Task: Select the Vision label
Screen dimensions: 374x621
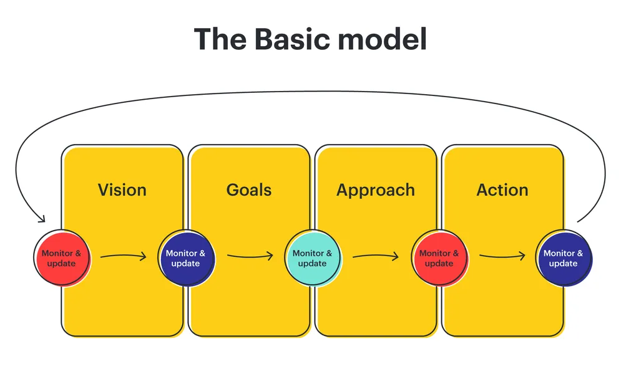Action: (x=122, y=189)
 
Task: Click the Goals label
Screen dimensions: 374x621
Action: (x=249, y=189)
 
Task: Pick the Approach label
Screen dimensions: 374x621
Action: (x=376, y=189)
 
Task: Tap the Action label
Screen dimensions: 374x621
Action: (x=502, y=189)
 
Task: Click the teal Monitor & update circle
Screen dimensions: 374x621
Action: (x=312, y=258)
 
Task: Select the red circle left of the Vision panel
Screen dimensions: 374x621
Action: (x=61, y=258)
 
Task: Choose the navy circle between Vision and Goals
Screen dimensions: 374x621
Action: (x=185, y=258)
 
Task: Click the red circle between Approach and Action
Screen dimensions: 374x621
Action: (x=439, y=258)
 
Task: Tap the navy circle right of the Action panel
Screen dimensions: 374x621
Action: (x=564, y=258)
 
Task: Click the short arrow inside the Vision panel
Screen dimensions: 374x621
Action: (x=123, y=256)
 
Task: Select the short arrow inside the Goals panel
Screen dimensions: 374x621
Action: (x=250, y=256)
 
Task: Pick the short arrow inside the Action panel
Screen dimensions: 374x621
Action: (x=502, y=256)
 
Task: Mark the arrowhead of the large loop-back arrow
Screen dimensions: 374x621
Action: (x=42, y=219)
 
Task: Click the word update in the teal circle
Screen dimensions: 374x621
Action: (x=312, y=264)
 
